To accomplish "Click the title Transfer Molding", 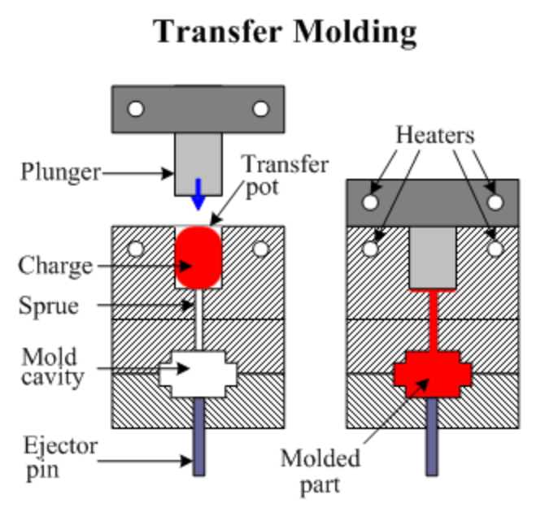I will [285, 32].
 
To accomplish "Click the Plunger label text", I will [60, 172].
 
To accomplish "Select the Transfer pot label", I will [285, 176].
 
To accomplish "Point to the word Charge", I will [54, 265].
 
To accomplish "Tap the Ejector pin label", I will [59, 457].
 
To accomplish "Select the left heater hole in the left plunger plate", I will [135, 108].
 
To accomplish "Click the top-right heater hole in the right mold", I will [493, 201].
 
